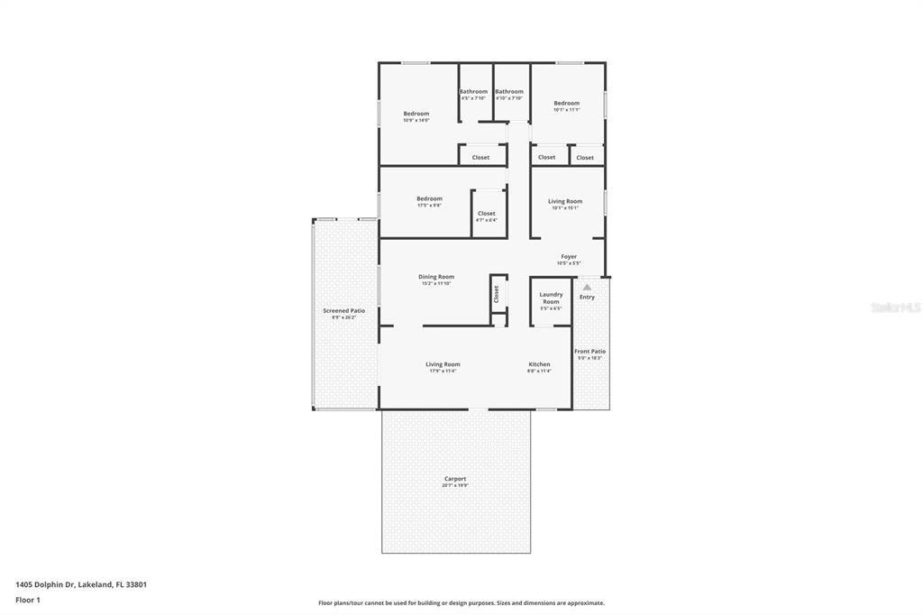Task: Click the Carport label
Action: (455, 479)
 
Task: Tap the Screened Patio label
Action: (343, 311)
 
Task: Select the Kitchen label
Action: (539, 364)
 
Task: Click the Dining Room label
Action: (436, 277)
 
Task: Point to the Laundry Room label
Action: (551, 298)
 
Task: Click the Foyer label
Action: (569, 257)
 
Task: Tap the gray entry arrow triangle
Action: (587, 287)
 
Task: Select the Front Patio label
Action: (590, 352)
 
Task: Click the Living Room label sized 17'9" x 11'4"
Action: (443, 364)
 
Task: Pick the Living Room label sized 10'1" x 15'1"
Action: (565, 201)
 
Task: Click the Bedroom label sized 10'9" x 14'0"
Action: (416, 114)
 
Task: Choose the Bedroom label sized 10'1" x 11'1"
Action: (566, 104)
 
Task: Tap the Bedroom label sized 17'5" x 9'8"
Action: (429, 198)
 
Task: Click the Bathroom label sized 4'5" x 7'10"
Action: (473, 92)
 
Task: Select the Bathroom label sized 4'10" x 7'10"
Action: (508, 92)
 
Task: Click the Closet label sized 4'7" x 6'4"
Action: (486, 214)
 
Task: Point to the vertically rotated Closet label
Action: (496, 294)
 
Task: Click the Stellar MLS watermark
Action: (895, 307)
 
